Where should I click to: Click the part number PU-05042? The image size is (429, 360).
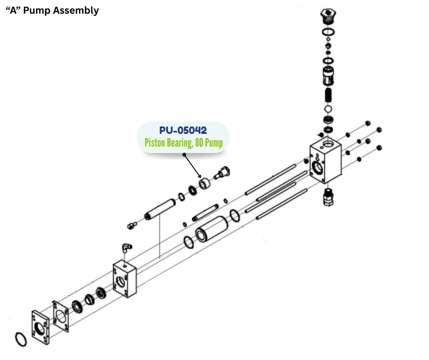click(x=183, y=131)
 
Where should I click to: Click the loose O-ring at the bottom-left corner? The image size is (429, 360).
click(x=20, y=339)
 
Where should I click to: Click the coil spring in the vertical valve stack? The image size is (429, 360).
click(x=328, y=95)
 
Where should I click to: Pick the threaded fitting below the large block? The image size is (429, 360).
click(x=328, y=197)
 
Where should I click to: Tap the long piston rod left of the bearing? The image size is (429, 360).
click(x=160, y=211)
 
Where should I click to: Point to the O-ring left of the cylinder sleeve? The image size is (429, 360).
click(x=188, y=242)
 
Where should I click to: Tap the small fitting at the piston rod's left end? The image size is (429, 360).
click(x=132, y=224)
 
